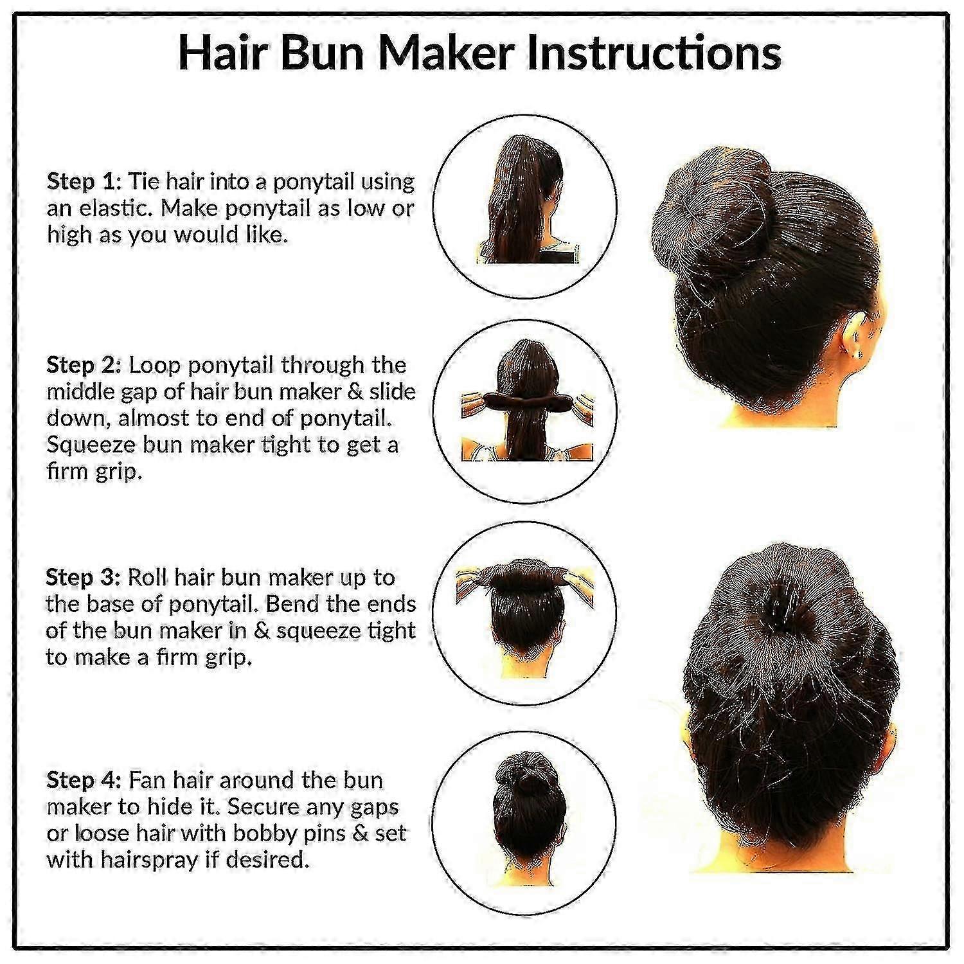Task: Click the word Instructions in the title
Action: pos(654,53)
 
